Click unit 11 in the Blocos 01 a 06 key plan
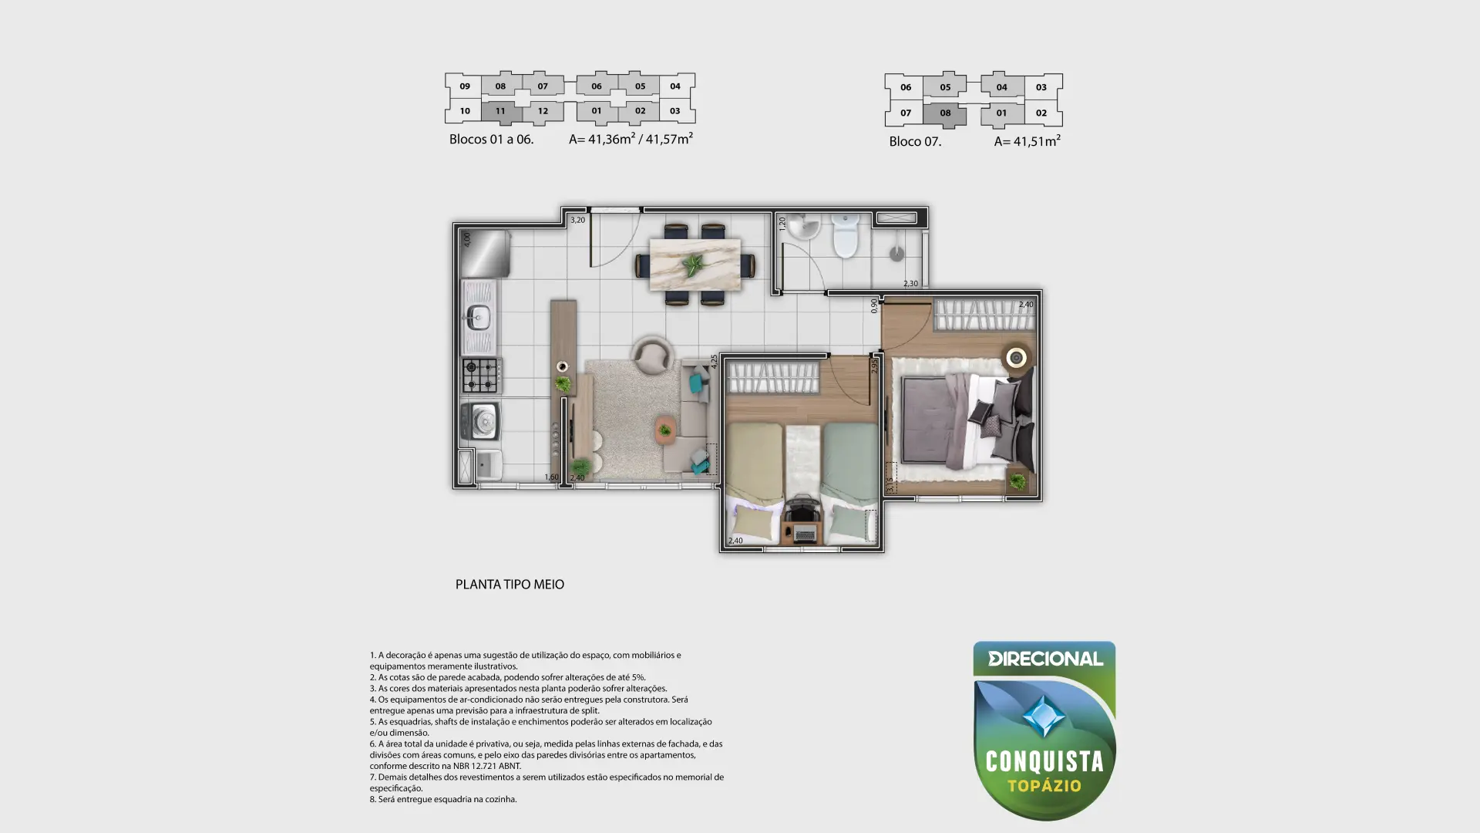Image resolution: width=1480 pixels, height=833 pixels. (500, 111)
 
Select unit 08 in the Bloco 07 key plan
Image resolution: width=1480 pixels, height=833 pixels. (945, 113)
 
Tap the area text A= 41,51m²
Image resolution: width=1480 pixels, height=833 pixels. (1027, 141)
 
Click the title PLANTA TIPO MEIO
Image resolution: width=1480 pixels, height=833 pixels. (510, 585)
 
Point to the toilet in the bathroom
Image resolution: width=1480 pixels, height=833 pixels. (846, 235)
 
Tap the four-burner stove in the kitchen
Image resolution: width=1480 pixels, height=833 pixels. (481, 376)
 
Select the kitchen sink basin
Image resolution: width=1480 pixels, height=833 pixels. (478, 316)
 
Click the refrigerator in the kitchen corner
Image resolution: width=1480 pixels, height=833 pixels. (486, 253)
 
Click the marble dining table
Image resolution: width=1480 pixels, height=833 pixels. (695, 265)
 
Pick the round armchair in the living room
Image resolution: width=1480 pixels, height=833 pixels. (652, 355)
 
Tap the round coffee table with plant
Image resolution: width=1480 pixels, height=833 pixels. (664, 429)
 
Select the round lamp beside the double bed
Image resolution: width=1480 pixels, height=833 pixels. (1017, 357)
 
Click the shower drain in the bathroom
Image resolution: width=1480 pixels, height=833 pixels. (896, 253)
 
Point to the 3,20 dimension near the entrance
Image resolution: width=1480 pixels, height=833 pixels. (577, 220)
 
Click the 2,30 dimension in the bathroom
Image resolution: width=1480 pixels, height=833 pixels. (910, 284)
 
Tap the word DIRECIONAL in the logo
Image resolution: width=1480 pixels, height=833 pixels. (1045, 659)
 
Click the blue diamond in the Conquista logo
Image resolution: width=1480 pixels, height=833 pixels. (1044, 716)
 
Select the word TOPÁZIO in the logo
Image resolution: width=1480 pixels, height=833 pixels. (1044, 786)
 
